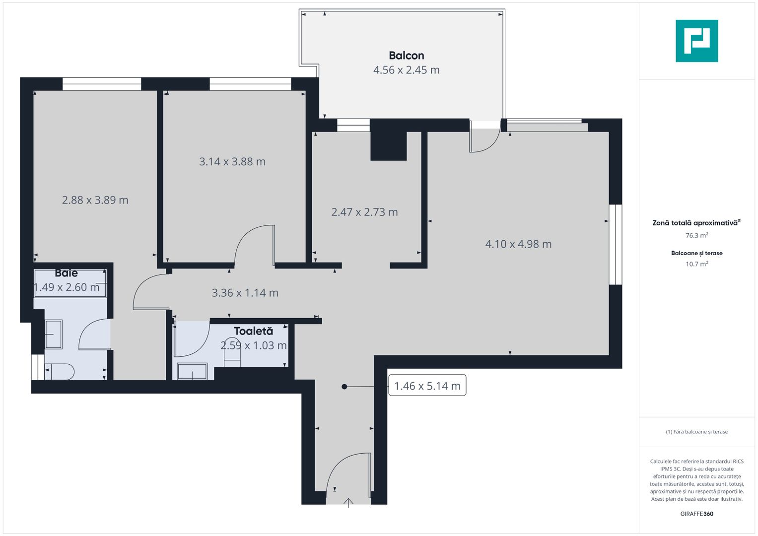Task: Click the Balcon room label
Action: pos(406,56)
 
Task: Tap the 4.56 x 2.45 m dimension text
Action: pos(406,70)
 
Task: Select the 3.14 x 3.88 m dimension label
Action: pos(232,162)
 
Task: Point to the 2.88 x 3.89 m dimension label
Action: pos(95,201)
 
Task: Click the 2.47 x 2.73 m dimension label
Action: pos(364,212)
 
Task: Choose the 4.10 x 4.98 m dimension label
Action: pos(518,244)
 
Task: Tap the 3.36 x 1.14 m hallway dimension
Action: pos(245,293)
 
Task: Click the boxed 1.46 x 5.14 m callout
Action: pos(427,386)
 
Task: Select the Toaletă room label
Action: pos(254,331)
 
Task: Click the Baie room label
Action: pos(67,273)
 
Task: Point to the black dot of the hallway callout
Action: pos(344,387)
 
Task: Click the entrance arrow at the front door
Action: pos(348,503)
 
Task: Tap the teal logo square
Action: pos(697,41)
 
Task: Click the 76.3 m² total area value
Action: pos(697,235)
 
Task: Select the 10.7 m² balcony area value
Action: pos(697,264)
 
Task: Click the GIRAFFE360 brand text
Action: pos(697,514)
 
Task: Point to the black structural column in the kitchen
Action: pos(389,140)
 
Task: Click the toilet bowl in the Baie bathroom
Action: pos(60,372)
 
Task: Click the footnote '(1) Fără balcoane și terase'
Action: pos(697,432)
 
